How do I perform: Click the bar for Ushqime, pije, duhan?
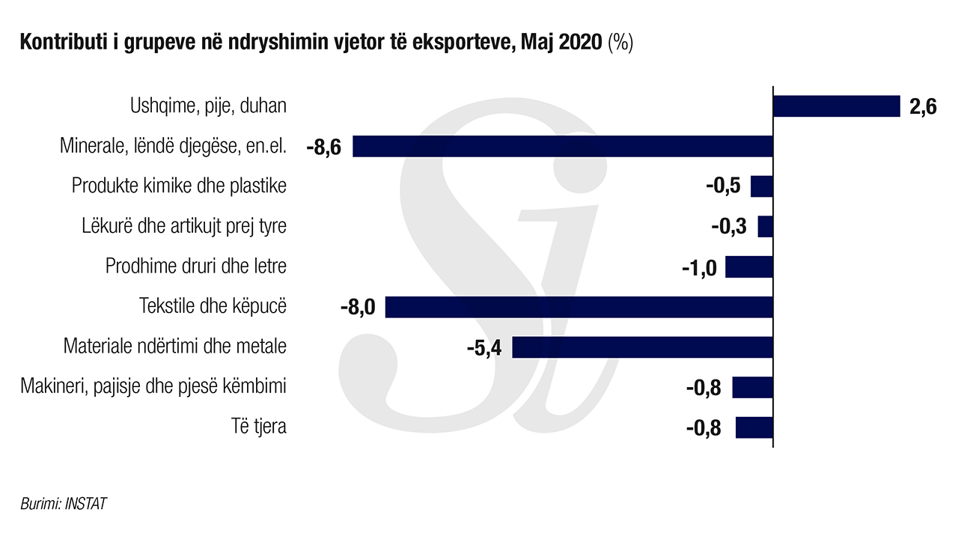click(835, 106)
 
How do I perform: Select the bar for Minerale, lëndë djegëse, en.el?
click(562, 146)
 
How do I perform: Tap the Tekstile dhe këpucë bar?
click(579, 307)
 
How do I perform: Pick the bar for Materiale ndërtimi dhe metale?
click(642, 347)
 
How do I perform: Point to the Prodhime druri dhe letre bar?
click(748, 267)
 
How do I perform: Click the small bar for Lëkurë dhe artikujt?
click(765, 227)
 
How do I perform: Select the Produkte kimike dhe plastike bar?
click(761, 186)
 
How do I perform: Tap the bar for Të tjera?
click(754, 427)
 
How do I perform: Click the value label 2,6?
click(923, 107)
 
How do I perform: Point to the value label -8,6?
click(323, 147)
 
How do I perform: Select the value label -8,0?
click(358, 308)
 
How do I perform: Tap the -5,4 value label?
click(483, 348)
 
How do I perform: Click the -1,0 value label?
click(700, 267)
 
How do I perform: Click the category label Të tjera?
click(259, 427)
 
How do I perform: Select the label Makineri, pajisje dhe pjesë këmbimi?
click(153, 387)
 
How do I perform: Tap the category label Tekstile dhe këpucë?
click(213, 307)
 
